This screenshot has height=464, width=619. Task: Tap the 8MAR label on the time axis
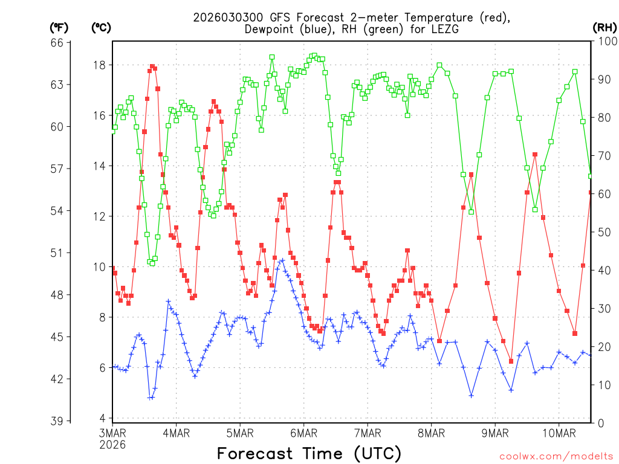point(431,433)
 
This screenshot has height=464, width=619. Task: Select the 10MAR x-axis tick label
point(559,433)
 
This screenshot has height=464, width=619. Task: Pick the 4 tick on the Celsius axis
point(103,418)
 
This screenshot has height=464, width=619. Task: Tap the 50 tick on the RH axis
point(604,233)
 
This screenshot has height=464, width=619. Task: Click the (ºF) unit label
point(59,27)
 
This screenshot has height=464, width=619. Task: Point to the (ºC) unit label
point(101,27)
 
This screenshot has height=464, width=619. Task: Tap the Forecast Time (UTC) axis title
point(309,453)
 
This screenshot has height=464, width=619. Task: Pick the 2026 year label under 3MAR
point(112,444)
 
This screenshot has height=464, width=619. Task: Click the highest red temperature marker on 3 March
point(152,66)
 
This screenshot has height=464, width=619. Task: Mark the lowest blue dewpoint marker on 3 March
point(150,398)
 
